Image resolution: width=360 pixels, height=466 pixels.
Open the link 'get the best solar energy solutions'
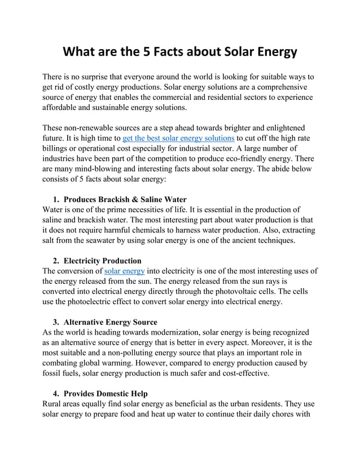tap(178, 138)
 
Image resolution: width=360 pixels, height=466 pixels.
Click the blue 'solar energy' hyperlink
tap(125, 271)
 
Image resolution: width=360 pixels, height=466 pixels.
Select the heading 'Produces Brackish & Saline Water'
tap(125, 199)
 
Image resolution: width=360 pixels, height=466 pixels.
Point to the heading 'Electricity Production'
tap(102, 261)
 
